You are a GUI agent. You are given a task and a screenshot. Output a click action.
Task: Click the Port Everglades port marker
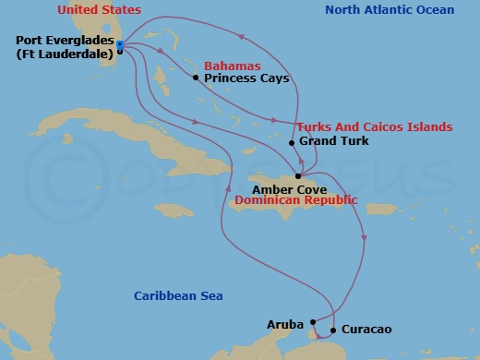point(121,44)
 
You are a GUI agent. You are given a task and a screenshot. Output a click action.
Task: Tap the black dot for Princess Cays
point(196,78)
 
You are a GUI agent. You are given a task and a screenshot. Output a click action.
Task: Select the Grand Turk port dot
point(292,142)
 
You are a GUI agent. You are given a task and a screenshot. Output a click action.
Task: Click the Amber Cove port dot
point(297,176)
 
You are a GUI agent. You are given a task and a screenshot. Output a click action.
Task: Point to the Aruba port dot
point(313,322)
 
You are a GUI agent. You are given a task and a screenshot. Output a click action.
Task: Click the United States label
point(99,10)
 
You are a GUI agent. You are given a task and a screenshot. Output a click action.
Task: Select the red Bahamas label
point(232,66)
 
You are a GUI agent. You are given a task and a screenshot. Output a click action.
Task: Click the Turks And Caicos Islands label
point(375,126)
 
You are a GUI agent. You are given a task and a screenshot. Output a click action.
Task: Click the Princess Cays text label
point(246,78)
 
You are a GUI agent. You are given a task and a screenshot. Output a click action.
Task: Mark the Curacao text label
point(364,329)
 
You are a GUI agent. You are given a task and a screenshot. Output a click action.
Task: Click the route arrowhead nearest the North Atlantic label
point(244,37)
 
